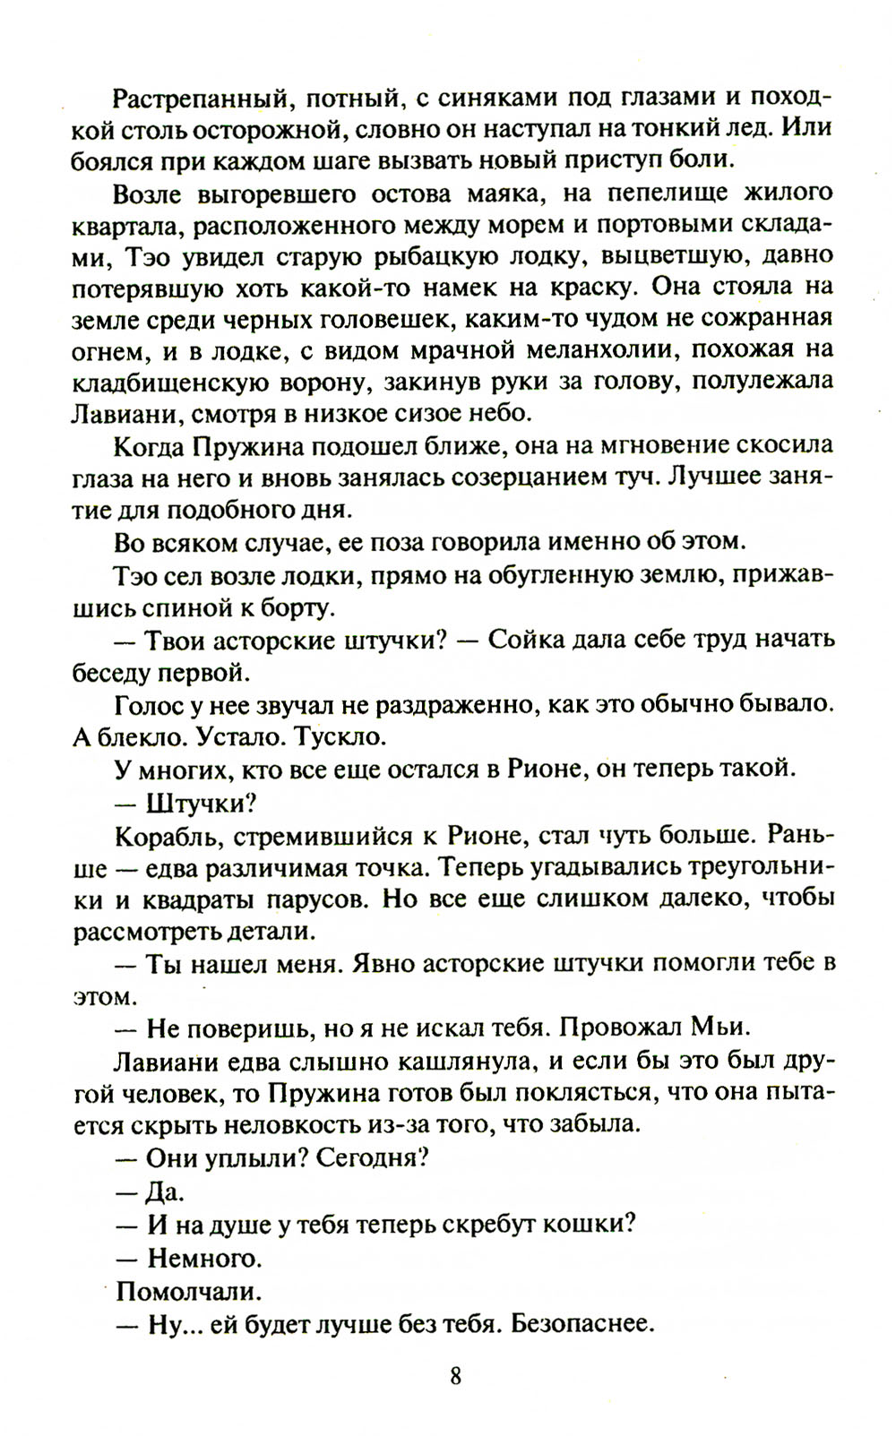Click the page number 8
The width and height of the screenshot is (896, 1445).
pos(455,1375)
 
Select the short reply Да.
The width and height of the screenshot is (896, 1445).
pos(165,1191)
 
